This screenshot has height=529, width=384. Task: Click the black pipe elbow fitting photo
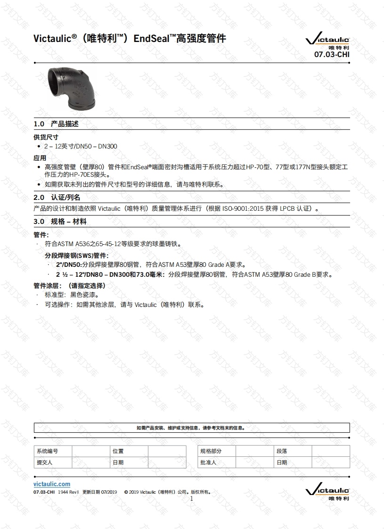73,89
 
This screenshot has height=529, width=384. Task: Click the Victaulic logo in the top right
327,41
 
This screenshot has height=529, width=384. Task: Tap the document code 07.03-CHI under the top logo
332,54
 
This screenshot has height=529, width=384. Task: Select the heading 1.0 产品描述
56,124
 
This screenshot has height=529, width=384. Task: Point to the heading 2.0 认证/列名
57,198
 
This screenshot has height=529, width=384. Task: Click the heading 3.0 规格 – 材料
60,222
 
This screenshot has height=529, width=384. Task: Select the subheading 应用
40,158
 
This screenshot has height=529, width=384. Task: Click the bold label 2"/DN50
69,264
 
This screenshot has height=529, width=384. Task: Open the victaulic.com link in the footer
52,484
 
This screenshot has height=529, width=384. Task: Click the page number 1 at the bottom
192,498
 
